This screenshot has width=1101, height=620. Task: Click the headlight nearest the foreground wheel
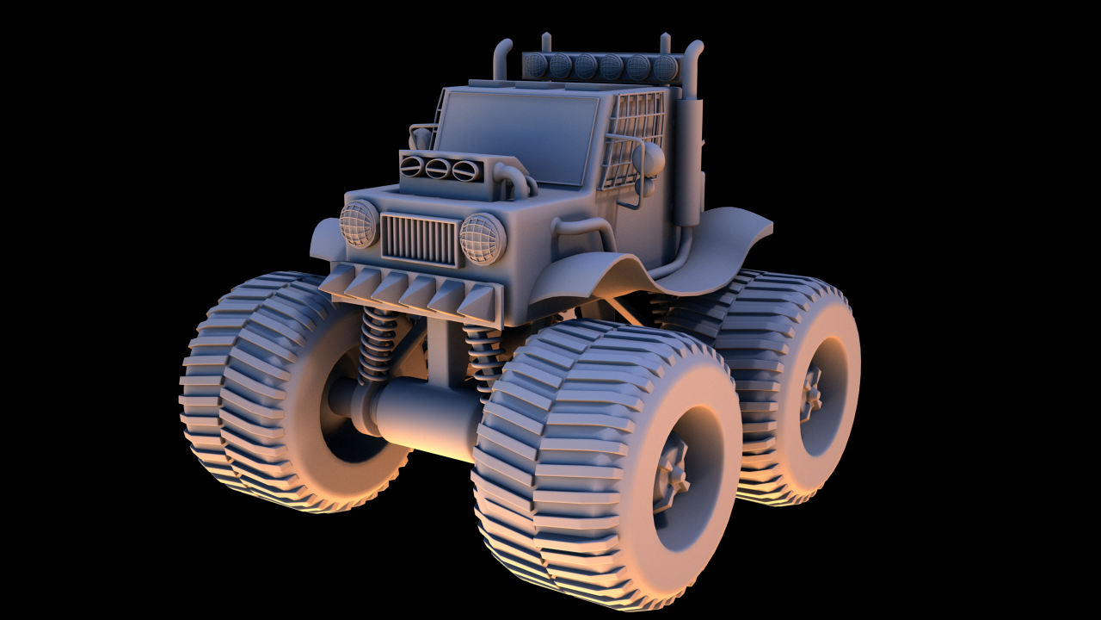tap(483, 239)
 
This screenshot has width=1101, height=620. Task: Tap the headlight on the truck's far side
tap(359, 223)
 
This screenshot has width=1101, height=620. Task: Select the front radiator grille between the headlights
tap(420, 239)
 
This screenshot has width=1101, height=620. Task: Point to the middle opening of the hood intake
tap(437, 168)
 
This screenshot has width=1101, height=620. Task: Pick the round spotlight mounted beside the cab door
tap(651, 158)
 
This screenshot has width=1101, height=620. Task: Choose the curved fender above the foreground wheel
tap(594, 276)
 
